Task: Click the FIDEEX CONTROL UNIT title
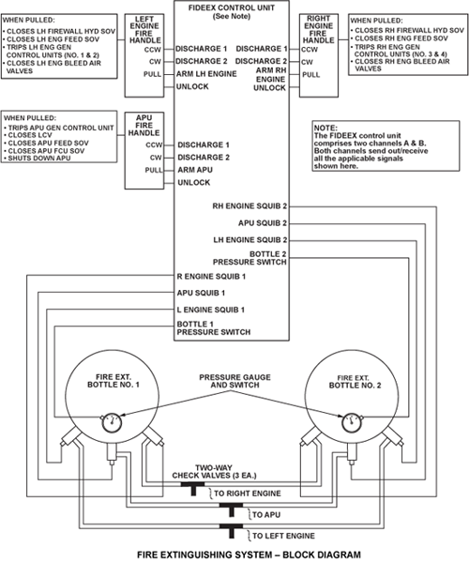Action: point(232,8)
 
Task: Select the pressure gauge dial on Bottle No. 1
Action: point(112,423)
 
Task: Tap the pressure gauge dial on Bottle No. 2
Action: point(352,422)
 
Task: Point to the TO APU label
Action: point(266,515)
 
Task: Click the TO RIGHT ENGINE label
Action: point(248,494)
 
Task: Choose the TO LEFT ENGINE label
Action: point(283,536)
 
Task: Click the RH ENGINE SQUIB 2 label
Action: point(250,206)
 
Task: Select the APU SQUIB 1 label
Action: point(201,293)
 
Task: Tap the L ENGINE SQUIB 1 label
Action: point(211,310)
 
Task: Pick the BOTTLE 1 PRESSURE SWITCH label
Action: point(214,328)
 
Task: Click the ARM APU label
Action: point(195,170)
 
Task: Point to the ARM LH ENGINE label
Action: point(206,74)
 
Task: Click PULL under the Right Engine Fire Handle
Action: point(311,74)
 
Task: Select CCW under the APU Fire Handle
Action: point(154,144)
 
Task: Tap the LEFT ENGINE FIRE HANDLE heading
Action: point(144,30)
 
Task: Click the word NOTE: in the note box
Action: point(325,128)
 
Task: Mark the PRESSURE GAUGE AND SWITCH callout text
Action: point(234,381)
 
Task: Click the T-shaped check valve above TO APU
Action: point(231,509)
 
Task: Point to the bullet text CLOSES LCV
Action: point(30,135)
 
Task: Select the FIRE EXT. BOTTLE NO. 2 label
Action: point(355,382)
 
